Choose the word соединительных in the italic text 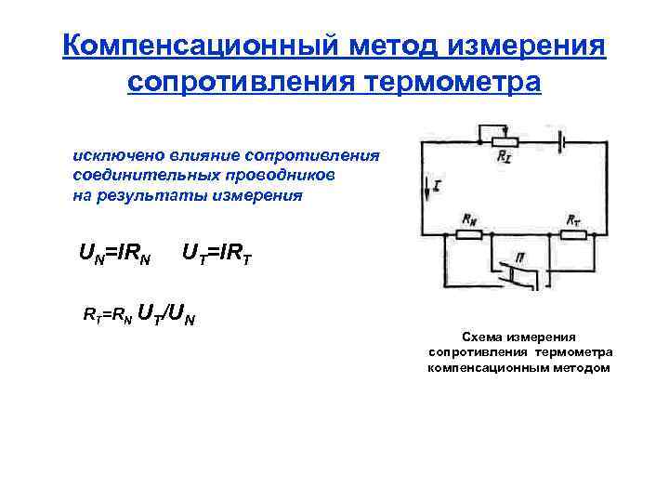133,175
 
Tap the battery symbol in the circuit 560,142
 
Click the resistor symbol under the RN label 468,233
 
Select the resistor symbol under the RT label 572,233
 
